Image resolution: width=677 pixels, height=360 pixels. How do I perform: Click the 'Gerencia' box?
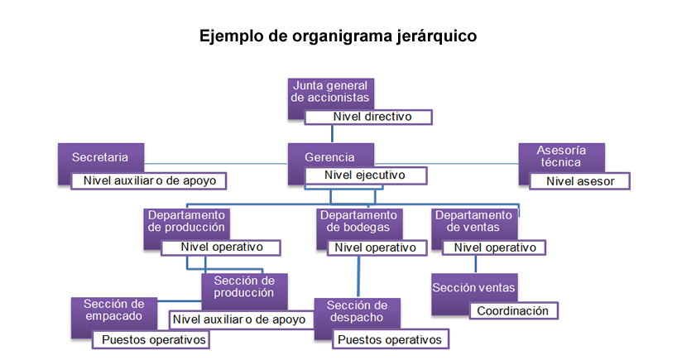[x=331, y=156]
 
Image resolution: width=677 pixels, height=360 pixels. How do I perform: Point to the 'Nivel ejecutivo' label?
[x=366, y=175]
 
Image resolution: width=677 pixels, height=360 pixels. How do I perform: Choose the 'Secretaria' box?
[x=101, y=157]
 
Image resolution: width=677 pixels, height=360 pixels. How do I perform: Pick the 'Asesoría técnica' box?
[x=561, y=157]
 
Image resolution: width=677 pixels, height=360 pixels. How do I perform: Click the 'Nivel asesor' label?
[x=580, y=181]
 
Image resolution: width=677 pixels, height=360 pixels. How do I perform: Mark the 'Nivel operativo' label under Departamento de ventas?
[x=494, y=247]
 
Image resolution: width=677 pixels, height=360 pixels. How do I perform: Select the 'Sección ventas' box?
[x=474, y=288]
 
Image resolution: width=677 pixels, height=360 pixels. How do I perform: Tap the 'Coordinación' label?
[x=513, y=311]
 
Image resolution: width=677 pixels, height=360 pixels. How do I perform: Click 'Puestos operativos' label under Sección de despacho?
[x=391, y=339]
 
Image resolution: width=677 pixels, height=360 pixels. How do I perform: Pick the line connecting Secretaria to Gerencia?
[x=216, y=164]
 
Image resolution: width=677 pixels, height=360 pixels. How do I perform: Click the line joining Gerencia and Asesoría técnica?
[x=446, y=164]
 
